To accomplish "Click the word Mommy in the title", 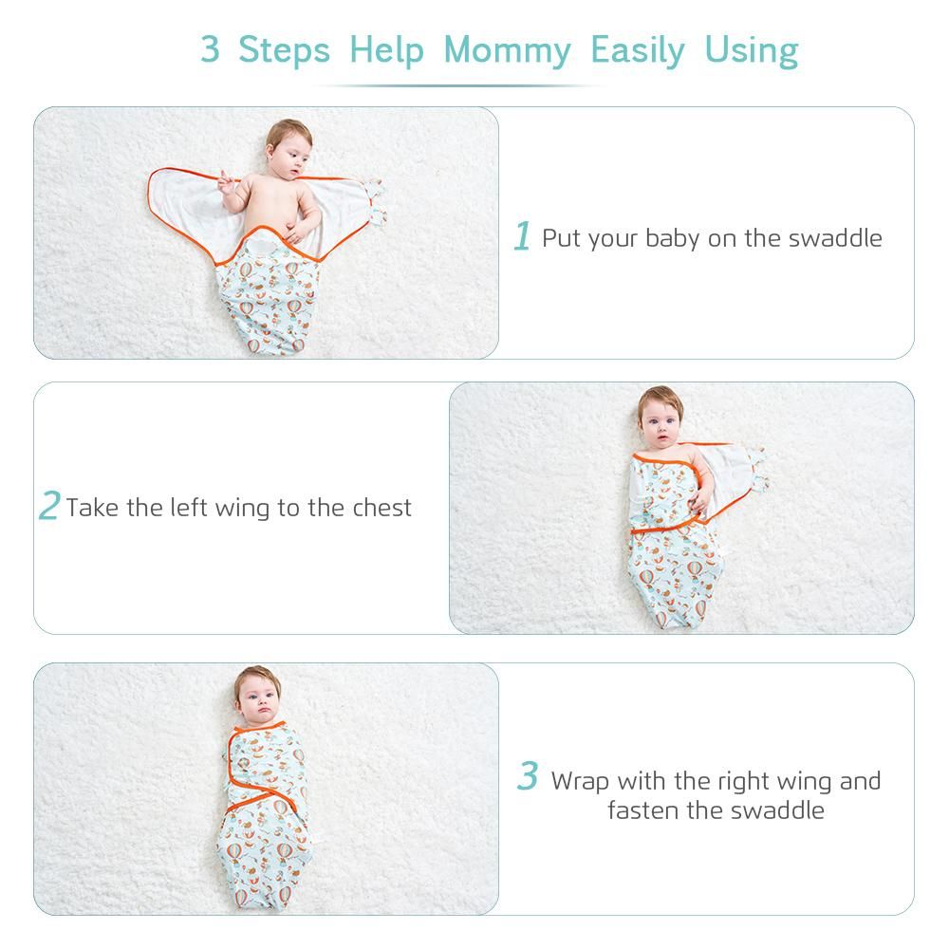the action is click(x=507, y=51).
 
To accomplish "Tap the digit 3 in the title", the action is click(x=210, y=49).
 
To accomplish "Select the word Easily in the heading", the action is click(x=638, y=51).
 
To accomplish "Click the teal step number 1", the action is click(x=522, y=236).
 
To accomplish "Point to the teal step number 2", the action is click(x=49, y=506).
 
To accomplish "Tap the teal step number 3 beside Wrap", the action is click(x=527, y=775).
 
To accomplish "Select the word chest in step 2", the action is click(x=381, y=507).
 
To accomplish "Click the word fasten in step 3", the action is click(x=643, y=810).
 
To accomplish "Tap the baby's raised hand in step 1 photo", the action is click(x=226, y=181).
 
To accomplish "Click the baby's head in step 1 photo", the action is click(x=288, y=149).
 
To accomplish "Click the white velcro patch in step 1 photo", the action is click(x=260, y=247).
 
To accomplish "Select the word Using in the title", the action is click(x=752, y=51).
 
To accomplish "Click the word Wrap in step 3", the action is click(x=580, y=782).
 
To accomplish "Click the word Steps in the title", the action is click(x=285, y=51).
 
